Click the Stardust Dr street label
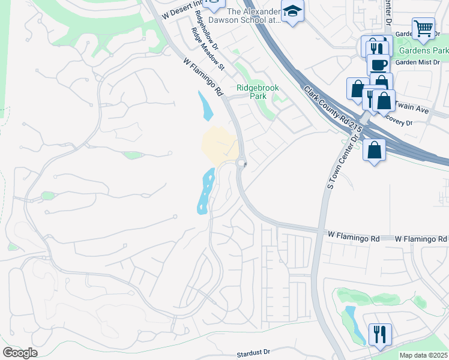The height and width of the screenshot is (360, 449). coord(253,353)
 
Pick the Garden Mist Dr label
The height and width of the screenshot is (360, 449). coord(418,62)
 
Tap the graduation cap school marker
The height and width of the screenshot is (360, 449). coord(293,11)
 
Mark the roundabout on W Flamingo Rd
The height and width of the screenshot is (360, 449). coord(241,163)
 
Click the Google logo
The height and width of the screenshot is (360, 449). coord(20,353)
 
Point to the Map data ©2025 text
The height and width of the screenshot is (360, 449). coord(423,355)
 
